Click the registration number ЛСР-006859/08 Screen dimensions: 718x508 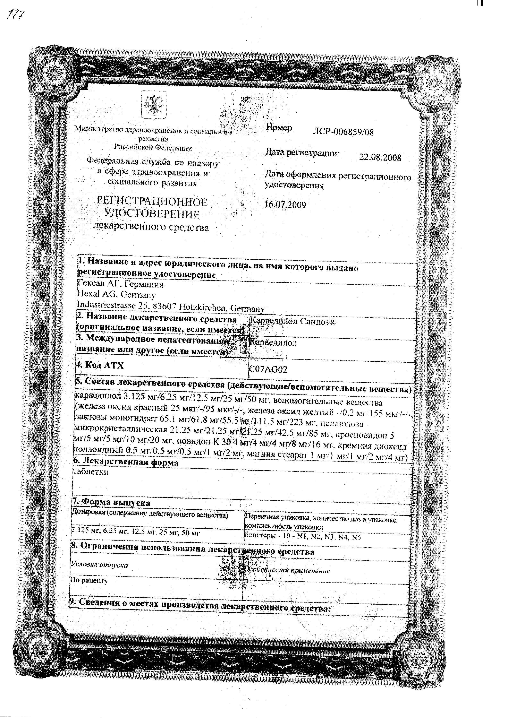(343, 132)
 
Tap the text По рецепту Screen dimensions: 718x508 (89, 581)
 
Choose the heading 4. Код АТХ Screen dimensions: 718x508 (100, 365)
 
